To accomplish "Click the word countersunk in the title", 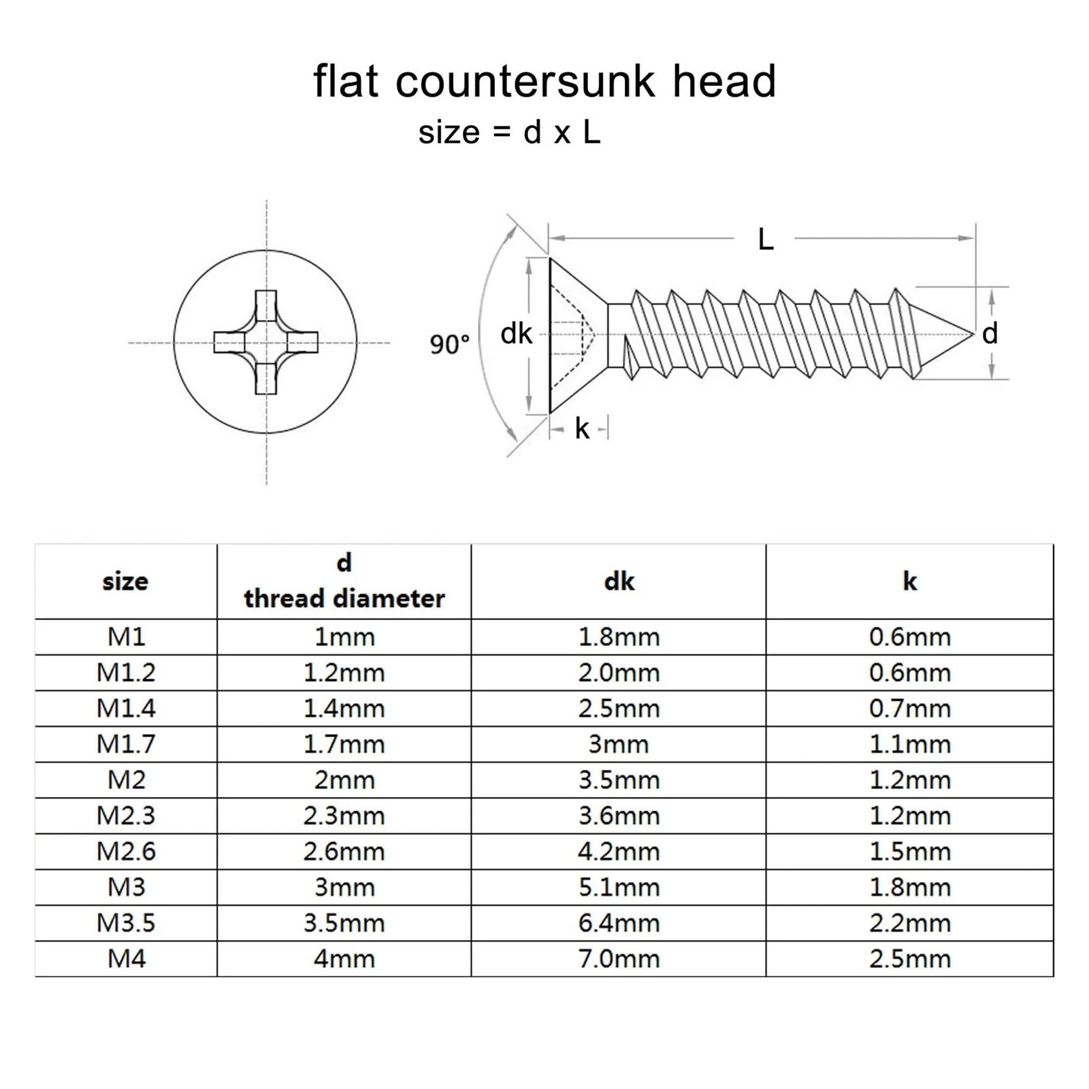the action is click(525, 82).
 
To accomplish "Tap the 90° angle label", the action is click(449, 344).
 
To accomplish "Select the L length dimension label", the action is click(766, 240).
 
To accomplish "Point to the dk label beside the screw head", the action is click(516, 334).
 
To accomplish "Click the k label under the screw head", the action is click(581, 429).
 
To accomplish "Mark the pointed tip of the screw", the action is click(974, 334).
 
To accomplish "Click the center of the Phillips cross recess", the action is click(265, 342).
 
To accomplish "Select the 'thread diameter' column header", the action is click(344, 598).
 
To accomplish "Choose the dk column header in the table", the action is click(619, 581).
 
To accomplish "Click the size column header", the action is click(125, 581).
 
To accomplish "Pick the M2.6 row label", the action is click(126, 851).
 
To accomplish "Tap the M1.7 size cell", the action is click(126, 744).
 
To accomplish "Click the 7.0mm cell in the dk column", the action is click(619, 959).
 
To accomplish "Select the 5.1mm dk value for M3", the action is click(619, 888).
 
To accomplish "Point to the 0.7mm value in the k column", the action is click(909, 709).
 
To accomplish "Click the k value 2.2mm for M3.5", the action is click(909, 923).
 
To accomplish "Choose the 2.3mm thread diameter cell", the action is click(344, 815).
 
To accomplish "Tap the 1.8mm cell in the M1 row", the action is click(619, 637).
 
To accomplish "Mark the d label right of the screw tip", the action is click(990, 334).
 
